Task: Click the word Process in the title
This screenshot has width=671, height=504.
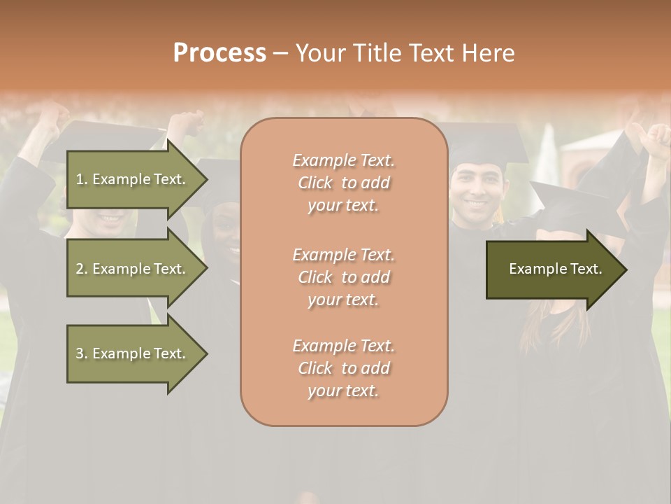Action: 219,53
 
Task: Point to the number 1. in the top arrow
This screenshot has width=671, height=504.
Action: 81,179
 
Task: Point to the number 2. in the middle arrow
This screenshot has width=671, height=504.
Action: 81,269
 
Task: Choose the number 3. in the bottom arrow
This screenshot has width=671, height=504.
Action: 81,353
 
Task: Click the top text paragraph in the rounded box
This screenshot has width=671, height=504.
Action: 344,183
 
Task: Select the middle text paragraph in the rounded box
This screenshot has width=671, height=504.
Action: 344,277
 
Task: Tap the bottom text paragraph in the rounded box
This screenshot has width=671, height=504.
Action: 344,368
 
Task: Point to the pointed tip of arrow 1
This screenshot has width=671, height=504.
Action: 206,179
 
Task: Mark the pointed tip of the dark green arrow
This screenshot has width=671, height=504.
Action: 626,269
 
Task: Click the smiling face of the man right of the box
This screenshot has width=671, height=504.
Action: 477,193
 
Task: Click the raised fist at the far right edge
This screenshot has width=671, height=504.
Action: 657,140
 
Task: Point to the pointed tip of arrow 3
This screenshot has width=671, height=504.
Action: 206,353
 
